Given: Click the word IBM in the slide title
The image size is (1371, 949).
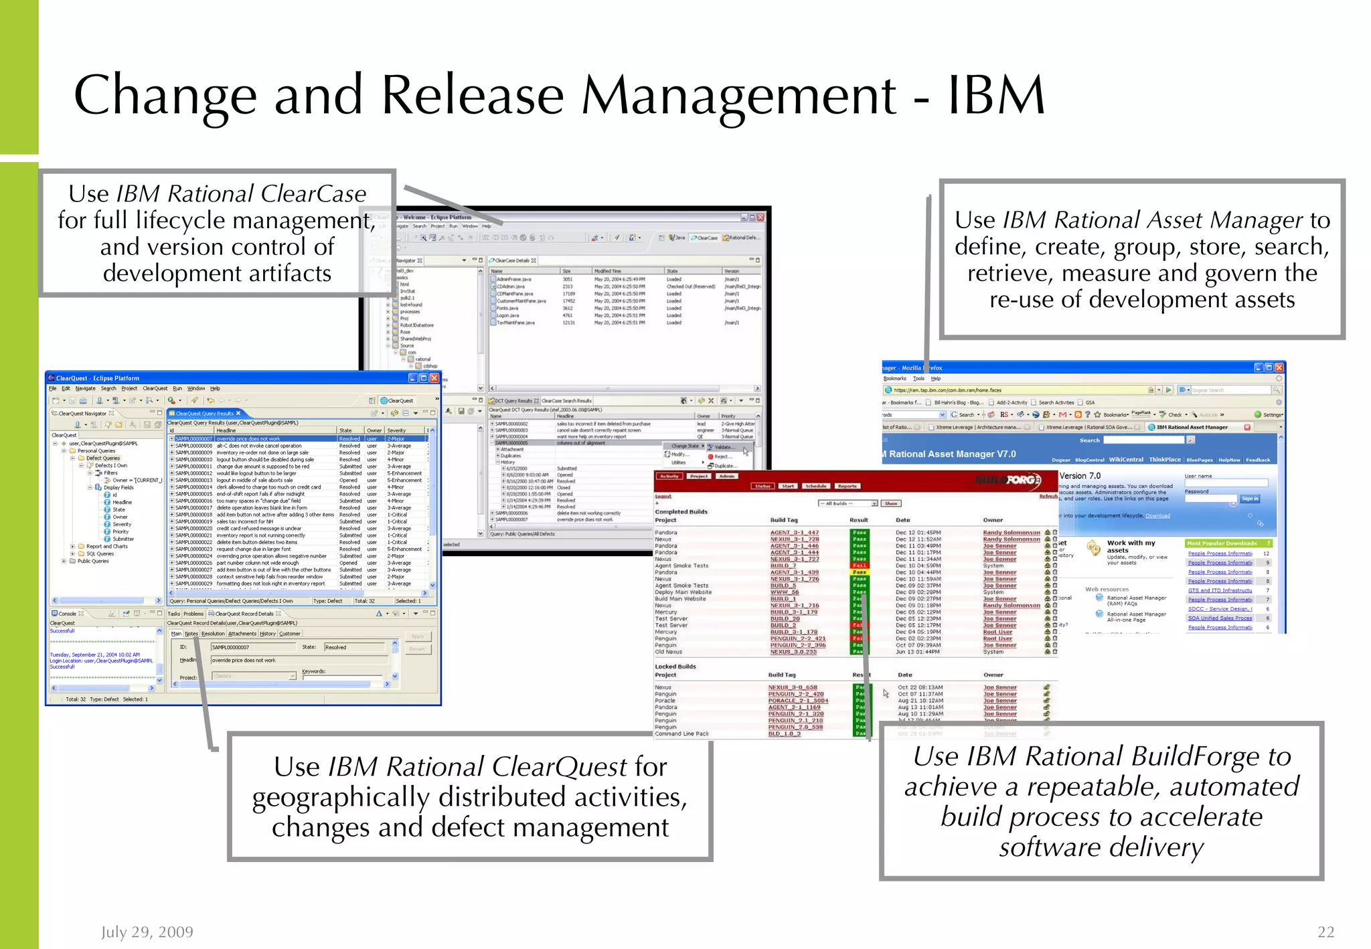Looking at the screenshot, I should [x=996, y=96].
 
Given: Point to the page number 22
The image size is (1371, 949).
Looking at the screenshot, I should [x=1325, y=932].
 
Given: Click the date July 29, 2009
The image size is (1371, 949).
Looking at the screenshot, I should [x=147, y=932].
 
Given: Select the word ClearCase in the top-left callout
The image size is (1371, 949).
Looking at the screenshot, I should [x=313, y=194].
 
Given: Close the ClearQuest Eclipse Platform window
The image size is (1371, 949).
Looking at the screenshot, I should [x=434, y=378].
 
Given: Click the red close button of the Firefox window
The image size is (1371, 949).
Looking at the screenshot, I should [x=1279, y=367].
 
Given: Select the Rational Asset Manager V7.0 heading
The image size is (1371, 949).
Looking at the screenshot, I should [x=952, y=454].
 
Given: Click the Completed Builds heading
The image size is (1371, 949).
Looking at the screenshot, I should [x=681, y=511].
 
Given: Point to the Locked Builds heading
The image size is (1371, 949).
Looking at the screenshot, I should [x=675, y=667].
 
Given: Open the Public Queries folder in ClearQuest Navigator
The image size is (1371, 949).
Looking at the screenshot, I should [x=92, y=561].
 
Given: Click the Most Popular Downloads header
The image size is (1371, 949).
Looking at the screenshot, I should [x=1222, y=543].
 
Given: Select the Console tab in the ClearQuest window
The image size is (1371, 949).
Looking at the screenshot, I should [x=67, y=613].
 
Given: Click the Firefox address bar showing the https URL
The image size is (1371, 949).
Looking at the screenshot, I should [x=1018, y=390].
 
